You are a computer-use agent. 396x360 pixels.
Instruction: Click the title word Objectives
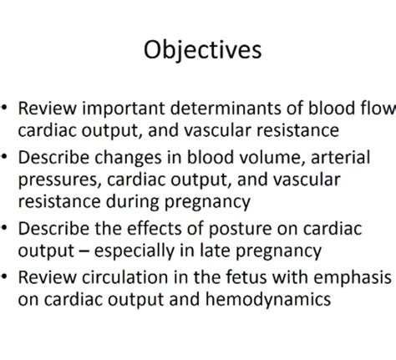click(202, 50)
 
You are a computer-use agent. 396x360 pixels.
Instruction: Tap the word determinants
click(226, 108)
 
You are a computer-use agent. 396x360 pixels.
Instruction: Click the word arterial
click(340, 157)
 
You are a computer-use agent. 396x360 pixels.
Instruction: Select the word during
click(133, 202)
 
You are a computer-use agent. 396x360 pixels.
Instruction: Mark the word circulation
click(125, 277)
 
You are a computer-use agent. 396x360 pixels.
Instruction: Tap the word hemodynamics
click(268, 300)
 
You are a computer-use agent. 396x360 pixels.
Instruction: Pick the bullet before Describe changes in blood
click(4, 156)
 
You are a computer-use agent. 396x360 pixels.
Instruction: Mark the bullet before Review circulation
click(4, 276)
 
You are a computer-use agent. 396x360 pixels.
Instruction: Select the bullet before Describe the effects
click(4, 227)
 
